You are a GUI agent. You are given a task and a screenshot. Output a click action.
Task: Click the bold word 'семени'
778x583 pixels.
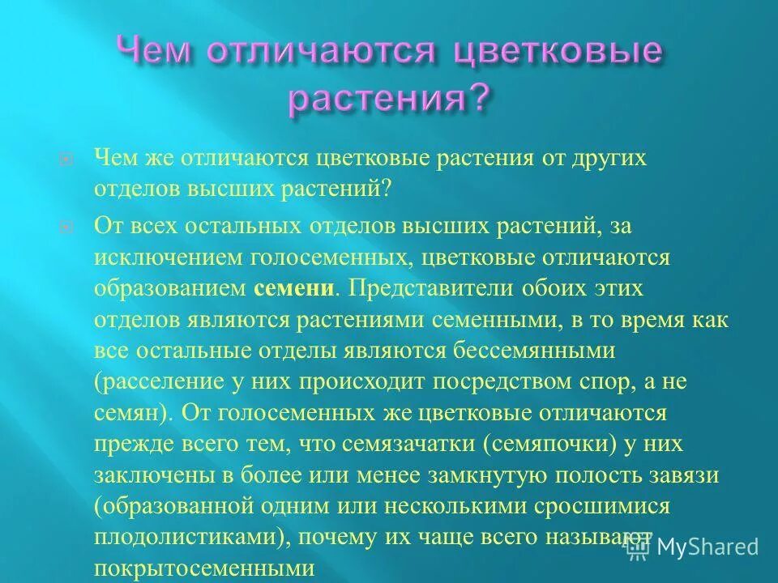coord(294,288)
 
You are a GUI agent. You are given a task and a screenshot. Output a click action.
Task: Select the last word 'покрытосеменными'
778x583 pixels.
coord(194,568)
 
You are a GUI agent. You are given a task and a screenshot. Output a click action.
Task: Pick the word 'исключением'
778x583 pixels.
coord(152,257)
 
